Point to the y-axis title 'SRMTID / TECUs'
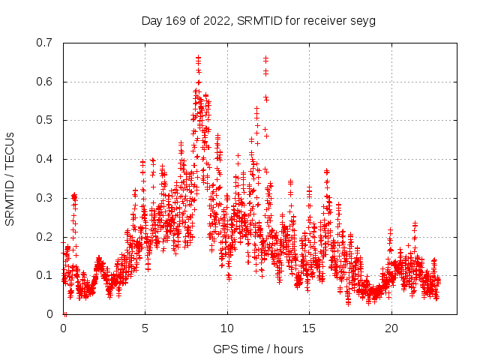(x=10, y=178)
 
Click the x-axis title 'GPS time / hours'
(x=258, y=349)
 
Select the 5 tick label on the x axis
(x=145, y=328)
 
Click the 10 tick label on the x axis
(x=227, y=328)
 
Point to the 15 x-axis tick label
(x=309, y=328)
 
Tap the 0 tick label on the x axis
(x=64, y=328)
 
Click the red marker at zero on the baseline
(x=65, y=314)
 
